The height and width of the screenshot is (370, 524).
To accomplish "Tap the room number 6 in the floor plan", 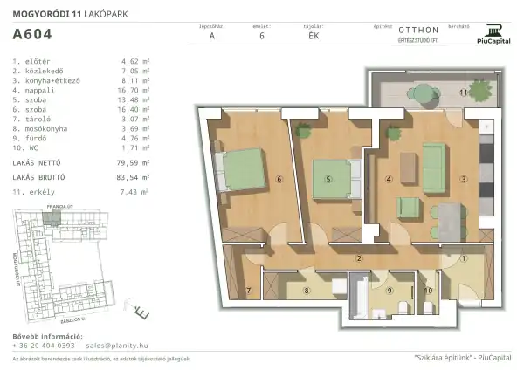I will (x=279, y=180).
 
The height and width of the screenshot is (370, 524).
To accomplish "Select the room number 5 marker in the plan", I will (x=327, y=180).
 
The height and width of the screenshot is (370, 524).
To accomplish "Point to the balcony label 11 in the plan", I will (x=465, y=91).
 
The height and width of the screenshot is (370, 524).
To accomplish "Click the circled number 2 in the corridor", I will (x=358, y=257).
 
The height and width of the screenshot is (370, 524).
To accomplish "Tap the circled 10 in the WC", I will (x=427, y=291).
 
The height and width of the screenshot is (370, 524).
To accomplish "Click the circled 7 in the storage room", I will (x=248, y=291).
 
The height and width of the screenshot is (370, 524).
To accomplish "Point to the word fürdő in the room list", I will (x=36, y=137).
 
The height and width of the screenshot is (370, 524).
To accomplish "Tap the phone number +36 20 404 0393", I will (x=45, y=346).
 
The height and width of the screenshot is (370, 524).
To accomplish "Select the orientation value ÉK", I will (x=314, y=37).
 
